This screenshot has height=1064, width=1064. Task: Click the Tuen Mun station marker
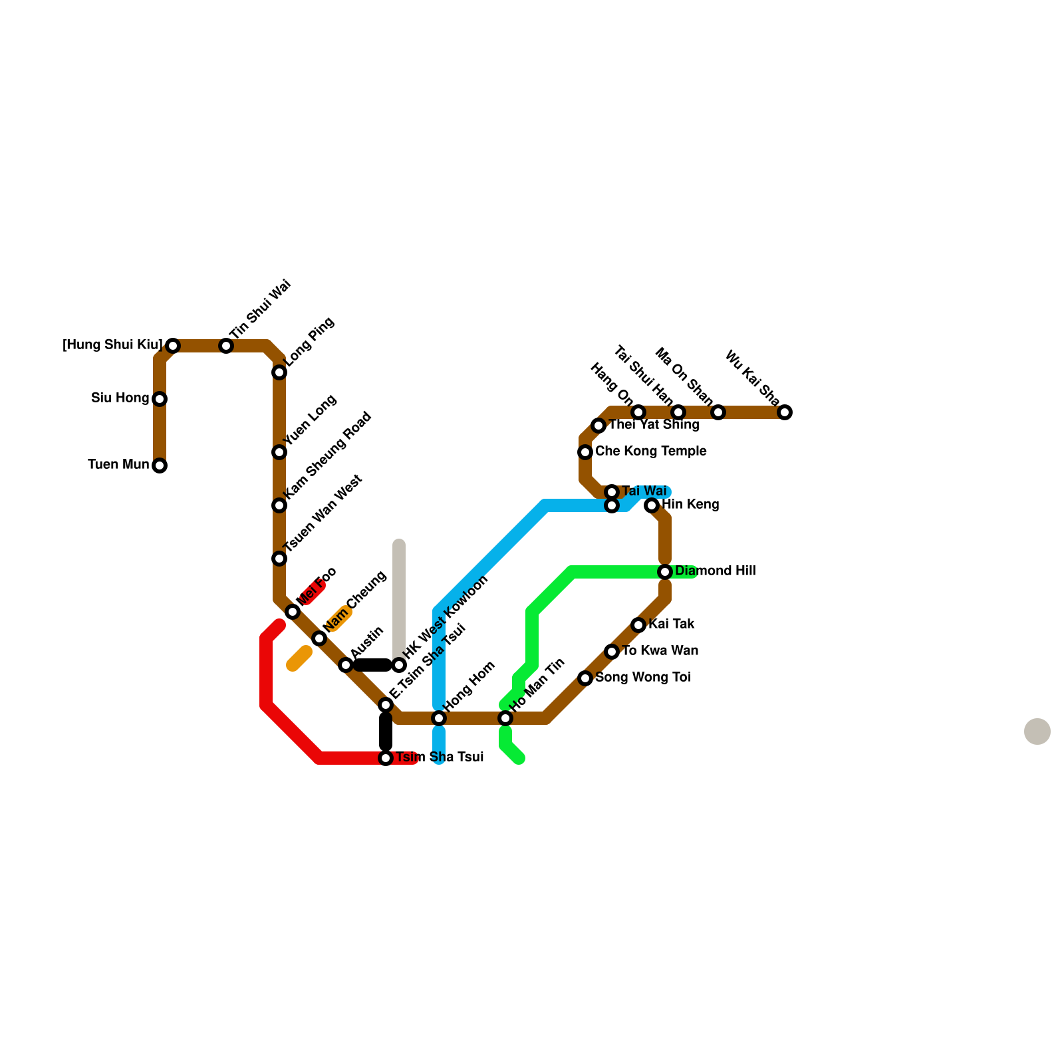coord(160,465)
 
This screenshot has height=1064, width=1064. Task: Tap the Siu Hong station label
coord(120,398)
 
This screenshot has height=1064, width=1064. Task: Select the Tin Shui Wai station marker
coord(226,346)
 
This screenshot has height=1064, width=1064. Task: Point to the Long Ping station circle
coord(279,372)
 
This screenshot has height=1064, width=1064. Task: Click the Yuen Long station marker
coord(279,452)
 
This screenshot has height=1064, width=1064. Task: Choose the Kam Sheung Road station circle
coord(279,505)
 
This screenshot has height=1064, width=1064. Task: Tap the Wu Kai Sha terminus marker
coord(785,412)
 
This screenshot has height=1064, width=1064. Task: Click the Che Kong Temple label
coord(650,452)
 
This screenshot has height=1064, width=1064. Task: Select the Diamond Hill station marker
coord(665,572)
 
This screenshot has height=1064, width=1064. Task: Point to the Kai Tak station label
coord(672,624)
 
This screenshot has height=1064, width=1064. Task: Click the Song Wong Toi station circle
coord(585,678)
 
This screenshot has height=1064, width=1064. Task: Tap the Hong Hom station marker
coord(439,718)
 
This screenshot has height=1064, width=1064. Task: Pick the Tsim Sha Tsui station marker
coord(386,758)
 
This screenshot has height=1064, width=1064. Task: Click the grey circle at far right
coord(1037,731)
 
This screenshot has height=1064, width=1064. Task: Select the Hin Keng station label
coord(690,505)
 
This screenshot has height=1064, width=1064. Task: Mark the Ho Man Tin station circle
coord(505,718)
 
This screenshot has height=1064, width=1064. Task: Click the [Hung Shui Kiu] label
coord(112,345)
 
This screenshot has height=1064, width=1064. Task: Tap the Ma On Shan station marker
coord(718,412)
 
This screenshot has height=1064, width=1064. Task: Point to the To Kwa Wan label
coord(660,651)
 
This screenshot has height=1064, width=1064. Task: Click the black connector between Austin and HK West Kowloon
coord(372,665)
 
